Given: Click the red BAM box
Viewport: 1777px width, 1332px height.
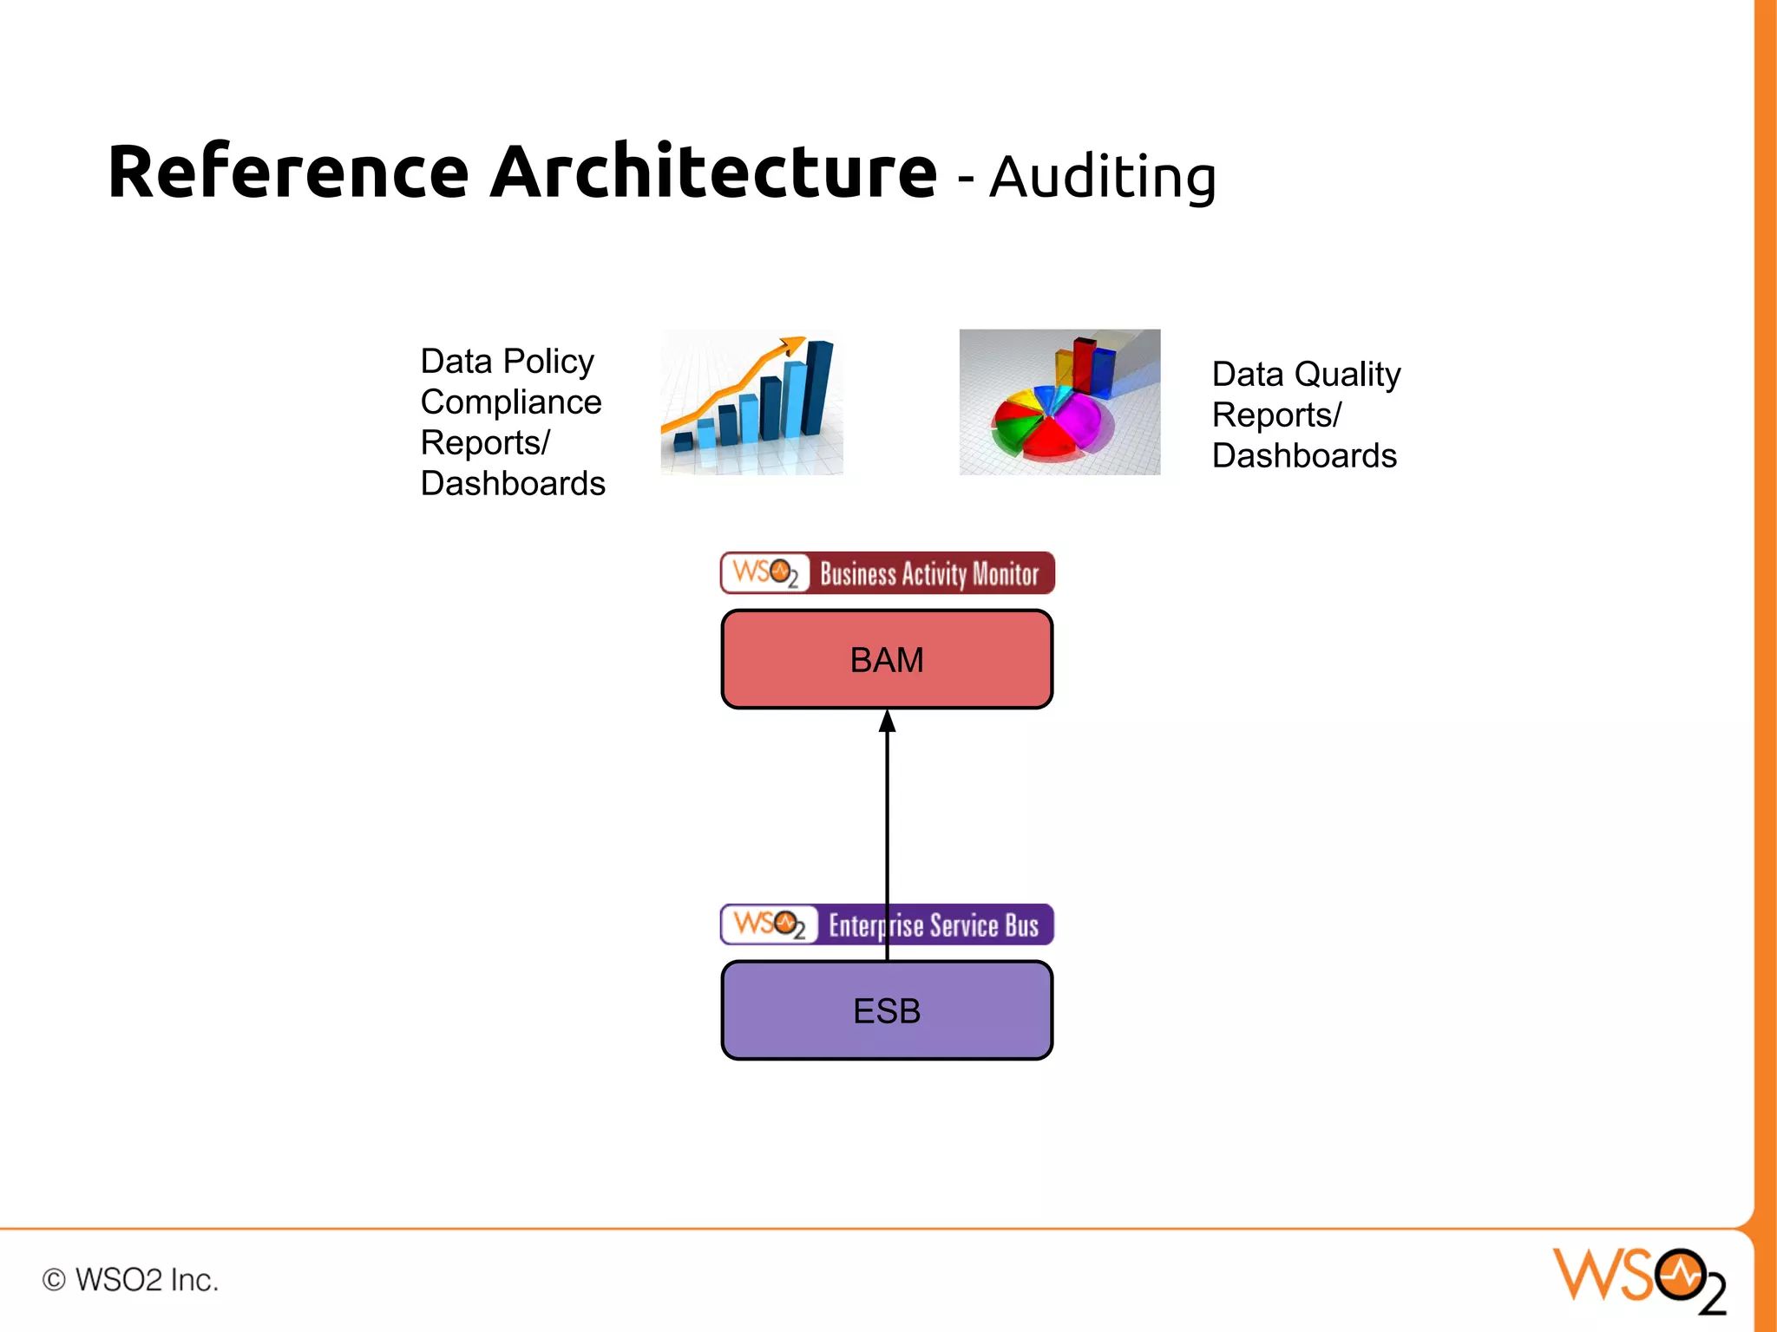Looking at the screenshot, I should (887, 659).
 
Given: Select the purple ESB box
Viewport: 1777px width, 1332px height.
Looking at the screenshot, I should (887, 1010).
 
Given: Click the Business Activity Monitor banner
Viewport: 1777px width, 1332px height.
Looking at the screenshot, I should (888, 573).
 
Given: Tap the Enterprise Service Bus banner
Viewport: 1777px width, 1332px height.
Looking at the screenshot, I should (888, 924).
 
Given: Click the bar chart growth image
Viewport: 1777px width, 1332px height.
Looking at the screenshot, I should (751, 402).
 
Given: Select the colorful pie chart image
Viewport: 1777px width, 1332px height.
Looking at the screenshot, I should (1059, 402).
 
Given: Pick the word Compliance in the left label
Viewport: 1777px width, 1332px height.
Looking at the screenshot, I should (511, 402).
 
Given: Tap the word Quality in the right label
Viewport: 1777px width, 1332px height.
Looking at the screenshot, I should (1347, 375).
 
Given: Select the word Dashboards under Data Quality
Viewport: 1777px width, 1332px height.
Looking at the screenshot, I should (1304, 456).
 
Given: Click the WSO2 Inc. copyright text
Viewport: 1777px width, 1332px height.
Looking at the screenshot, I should (131, 1280).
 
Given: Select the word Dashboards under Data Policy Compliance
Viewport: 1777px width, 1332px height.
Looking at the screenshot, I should (513, 484).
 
